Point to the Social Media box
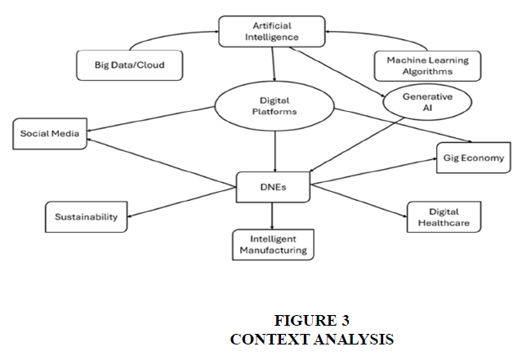click(x=50, y=134)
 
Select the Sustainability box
click(x=86, y=217)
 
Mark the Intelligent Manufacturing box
click(x=272, y=244)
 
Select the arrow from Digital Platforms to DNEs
click(x=275, y=151)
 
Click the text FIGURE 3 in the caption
click(x=306, y=319)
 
